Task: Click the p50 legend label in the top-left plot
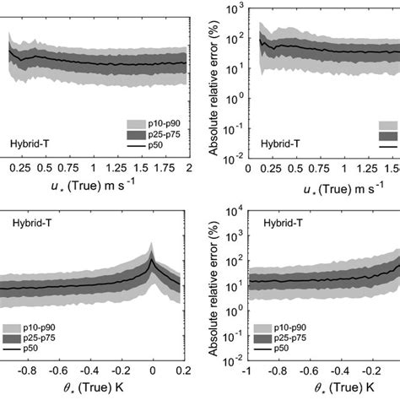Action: tap(154, 145)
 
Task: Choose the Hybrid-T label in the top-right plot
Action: tap(279, 144)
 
